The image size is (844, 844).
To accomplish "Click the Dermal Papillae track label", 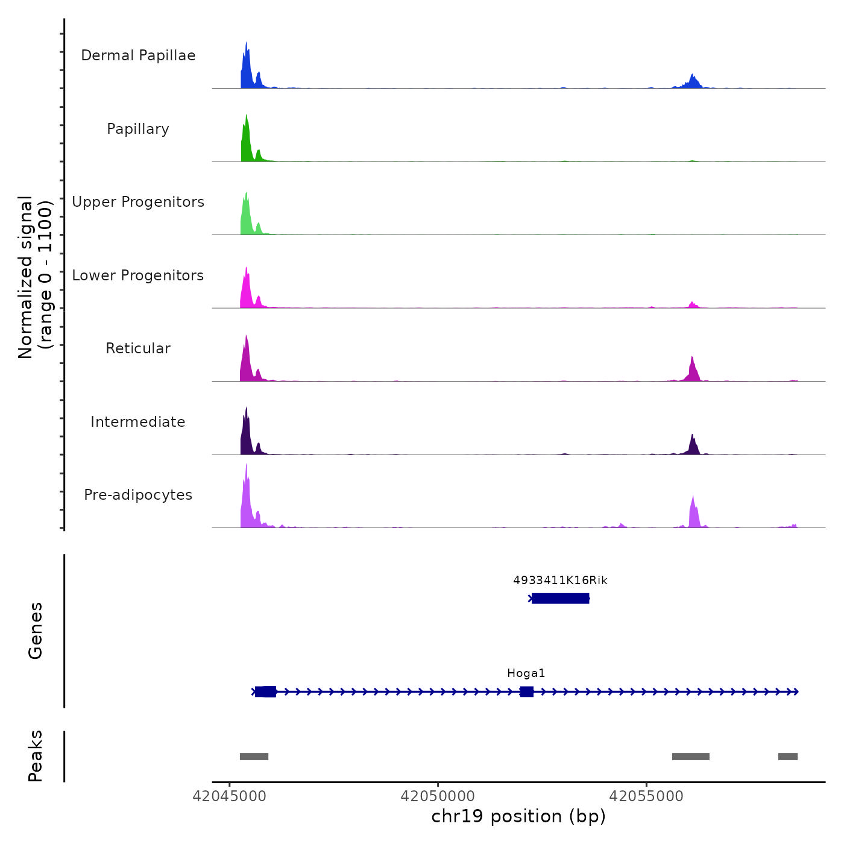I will pyautogui.click(x=138, y=55).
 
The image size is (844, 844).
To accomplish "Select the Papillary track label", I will pyautogui.click(x=138, y=129).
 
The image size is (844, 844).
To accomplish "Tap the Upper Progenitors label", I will pyautogui.click(x=138, y=202).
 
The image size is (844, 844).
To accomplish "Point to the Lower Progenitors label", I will pyautogui.click(x=138, y=276).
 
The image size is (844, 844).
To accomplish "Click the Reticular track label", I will pyautogui.click(x=138, y=348).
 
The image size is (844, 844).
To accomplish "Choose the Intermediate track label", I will pyautogui.click(x=138, y=422).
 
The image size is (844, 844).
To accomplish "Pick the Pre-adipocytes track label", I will pyautogui.click(x=138, y=495).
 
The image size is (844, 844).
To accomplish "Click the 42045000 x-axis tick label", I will pyautogui.click(x=229, y=796).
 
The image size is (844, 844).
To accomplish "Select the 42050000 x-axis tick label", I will pyautogui.click(x=438, y=796).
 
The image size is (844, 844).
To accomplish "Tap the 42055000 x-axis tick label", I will pyautogui.click(x=646, y=796).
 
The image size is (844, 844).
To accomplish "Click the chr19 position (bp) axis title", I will pyautogui.click(x=518, y=816).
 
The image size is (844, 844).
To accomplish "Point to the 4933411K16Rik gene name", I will pyautogui.click(x=560, y=581).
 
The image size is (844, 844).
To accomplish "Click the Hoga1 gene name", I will pyautogui.click(x=526, y=673).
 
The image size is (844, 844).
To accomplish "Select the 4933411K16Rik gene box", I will pyautogui.click(x=560, y=599).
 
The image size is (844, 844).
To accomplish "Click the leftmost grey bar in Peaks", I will pyautogui.click(x=254, y=757).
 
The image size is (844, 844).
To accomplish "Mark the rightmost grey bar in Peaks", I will pyautogui.click(x=788, y=757).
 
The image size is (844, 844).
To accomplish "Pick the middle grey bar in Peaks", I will pyautogui.click(x=691, y=757).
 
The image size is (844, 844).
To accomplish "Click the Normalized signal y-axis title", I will pyautogui.click(x=35, y=277).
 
